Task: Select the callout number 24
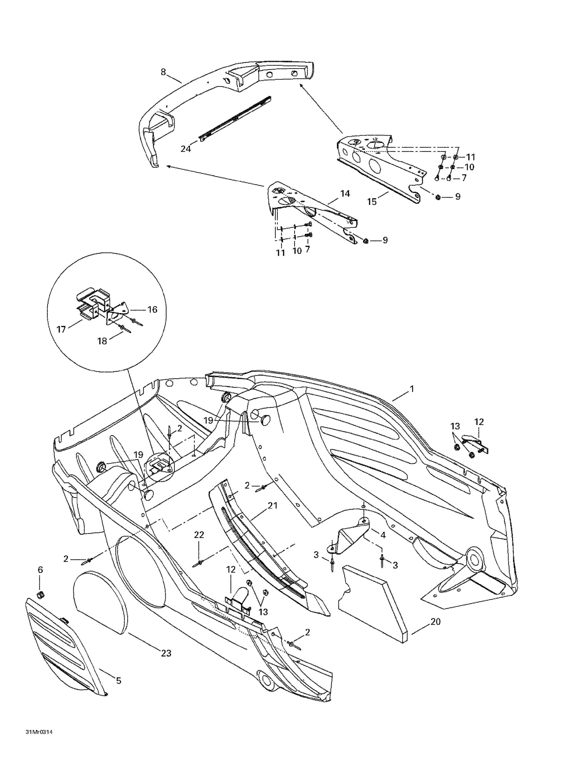[x=186, y=149]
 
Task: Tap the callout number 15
[x=372, y=202]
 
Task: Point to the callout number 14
[x=345, y=194]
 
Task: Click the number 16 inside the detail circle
[x=153, y=309]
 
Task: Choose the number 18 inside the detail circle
[x=102, y=341]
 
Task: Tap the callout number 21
[x=273, y=506]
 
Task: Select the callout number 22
[x=199, y=535]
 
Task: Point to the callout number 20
[x=435, y=622]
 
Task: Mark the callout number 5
[x=119, y=681]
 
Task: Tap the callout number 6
[x=40, y=570]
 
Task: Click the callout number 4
[x=383, y=535]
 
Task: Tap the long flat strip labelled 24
[x=236, y=118]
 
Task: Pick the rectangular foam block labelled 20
[x=374, y=600]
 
